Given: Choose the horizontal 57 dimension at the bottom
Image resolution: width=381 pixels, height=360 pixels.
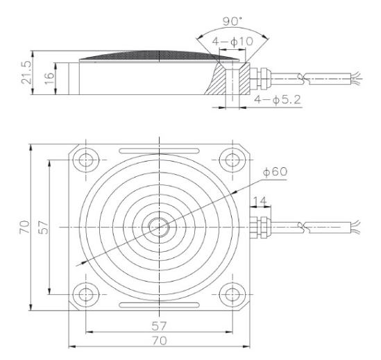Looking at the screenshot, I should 160,325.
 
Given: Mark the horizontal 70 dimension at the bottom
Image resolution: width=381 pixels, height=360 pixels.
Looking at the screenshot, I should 160,341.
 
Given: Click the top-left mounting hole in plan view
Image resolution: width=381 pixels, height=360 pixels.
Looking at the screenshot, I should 86,160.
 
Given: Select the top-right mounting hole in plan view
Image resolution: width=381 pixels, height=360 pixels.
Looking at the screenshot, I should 231,160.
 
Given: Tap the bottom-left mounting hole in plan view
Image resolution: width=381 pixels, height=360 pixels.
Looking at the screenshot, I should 86,294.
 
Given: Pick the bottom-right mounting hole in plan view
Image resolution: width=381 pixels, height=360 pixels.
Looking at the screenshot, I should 231,294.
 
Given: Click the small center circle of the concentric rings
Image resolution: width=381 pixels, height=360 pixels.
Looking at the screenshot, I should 159,227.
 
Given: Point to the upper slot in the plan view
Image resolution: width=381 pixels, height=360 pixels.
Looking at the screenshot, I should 159,150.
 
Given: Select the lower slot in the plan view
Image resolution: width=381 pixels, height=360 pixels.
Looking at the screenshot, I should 159,305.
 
